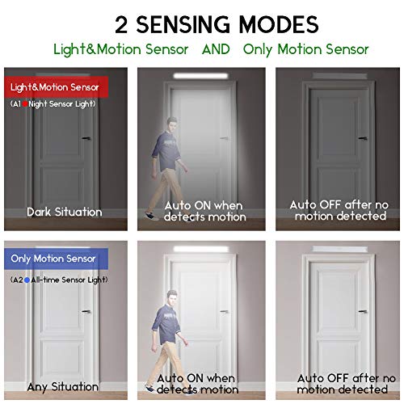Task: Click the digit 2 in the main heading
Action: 121,24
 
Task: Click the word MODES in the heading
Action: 279,24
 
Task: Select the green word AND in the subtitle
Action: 216,49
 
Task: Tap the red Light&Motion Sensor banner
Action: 56,87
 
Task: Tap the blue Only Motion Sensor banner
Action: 56,259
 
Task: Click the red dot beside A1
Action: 25,104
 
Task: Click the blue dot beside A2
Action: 27,280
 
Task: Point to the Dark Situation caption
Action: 65,212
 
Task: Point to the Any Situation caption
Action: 63,387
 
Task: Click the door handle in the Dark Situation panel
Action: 86,138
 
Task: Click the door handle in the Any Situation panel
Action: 86,311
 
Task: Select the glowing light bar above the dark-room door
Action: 201,76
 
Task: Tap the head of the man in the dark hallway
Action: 171,124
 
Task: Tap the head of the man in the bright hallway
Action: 171,297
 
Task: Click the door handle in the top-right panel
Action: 363,138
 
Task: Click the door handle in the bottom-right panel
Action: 363,311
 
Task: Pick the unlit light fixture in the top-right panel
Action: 339,76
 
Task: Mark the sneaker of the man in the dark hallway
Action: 151,216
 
